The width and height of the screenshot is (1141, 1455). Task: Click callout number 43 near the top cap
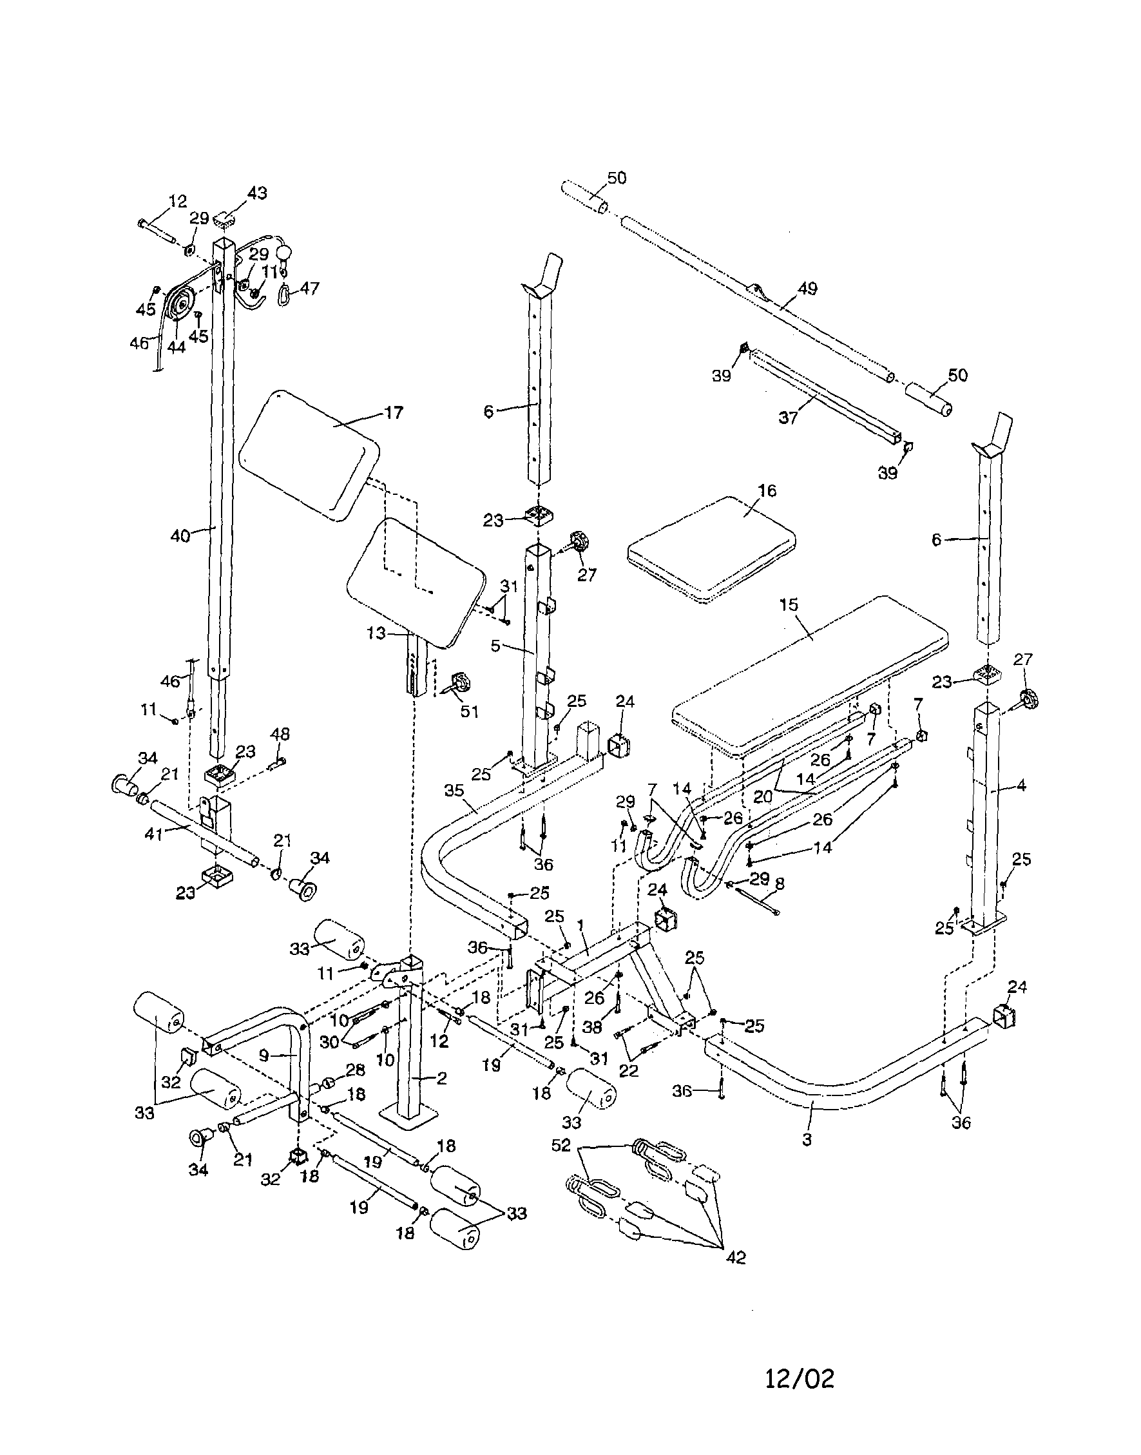256,193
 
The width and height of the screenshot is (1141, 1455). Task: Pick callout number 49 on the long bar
808,289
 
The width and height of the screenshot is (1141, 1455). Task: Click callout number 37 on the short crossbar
789,418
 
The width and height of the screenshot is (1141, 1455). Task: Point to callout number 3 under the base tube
807,1139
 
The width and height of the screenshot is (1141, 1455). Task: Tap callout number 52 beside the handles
561,1145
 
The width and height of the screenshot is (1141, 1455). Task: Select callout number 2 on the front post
441,1078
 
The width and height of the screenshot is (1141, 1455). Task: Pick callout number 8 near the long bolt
779,884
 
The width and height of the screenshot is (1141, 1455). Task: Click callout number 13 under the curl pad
376,633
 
